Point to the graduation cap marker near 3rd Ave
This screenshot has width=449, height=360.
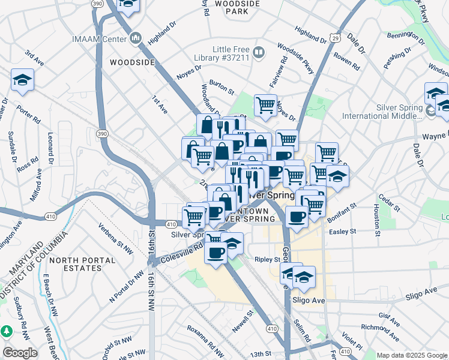[22, 80]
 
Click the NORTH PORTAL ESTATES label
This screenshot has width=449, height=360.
[82, 264]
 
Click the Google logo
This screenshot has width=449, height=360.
[20, 353]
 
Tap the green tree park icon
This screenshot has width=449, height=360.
[7, 331]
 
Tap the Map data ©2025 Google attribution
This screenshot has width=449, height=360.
[411, 355]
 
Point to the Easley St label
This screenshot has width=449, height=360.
[343, 230]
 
